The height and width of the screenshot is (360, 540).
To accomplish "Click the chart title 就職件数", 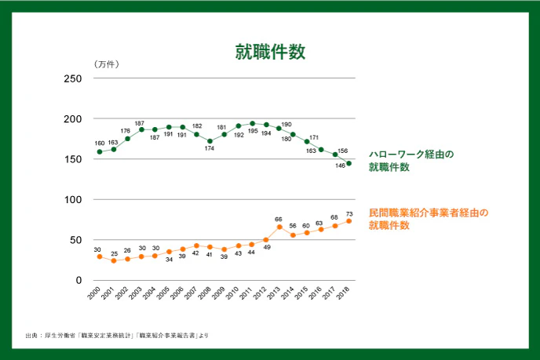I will pyautogui.click(x=270, y=52).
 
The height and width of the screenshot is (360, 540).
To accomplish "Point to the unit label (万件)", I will pyautogui.click(x=105, y=64).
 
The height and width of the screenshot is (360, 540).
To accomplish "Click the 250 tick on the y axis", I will pyautogui.click(x=72, y=78).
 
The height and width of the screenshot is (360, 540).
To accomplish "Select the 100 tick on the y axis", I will pyautogui.click(x=72, y=199).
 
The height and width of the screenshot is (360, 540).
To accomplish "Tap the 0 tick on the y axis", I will pyautogui.click(x=78, y=280).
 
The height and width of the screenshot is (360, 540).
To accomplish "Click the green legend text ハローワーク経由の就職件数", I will pyautogui.click(x=411, y=161).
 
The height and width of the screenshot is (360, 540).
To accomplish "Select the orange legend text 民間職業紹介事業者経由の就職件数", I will pyautogui.click(x=429, y=219).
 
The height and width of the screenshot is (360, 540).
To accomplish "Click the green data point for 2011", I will pyautogui.click(x=252, y=123).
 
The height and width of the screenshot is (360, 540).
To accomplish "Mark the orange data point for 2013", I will pyautogui.click(x=279, y=227).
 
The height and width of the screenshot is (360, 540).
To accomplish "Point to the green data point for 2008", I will pyautogui.click(x=210, y=141).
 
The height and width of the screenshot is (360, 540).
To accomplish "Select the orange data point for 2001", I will pyautogui.click(x=113, y=260).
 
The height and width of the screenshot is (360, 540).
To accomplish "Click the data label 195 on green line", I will pyautogui.click(x=253, y=132).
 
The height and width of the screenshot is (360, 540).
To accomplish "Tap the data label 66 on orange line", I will pyautogui.click(x=278, y=219).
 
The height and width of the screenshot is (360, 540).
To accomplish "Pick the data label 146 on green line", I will pyautogui.click(x=340, y=166).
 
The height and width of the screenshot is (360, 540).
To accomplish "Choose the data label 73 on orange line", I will pyautogui.click(x=349, y=213).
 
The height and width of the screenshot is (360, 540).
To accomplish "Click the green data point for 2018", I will pyautogui.click(x=348, y=163).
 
